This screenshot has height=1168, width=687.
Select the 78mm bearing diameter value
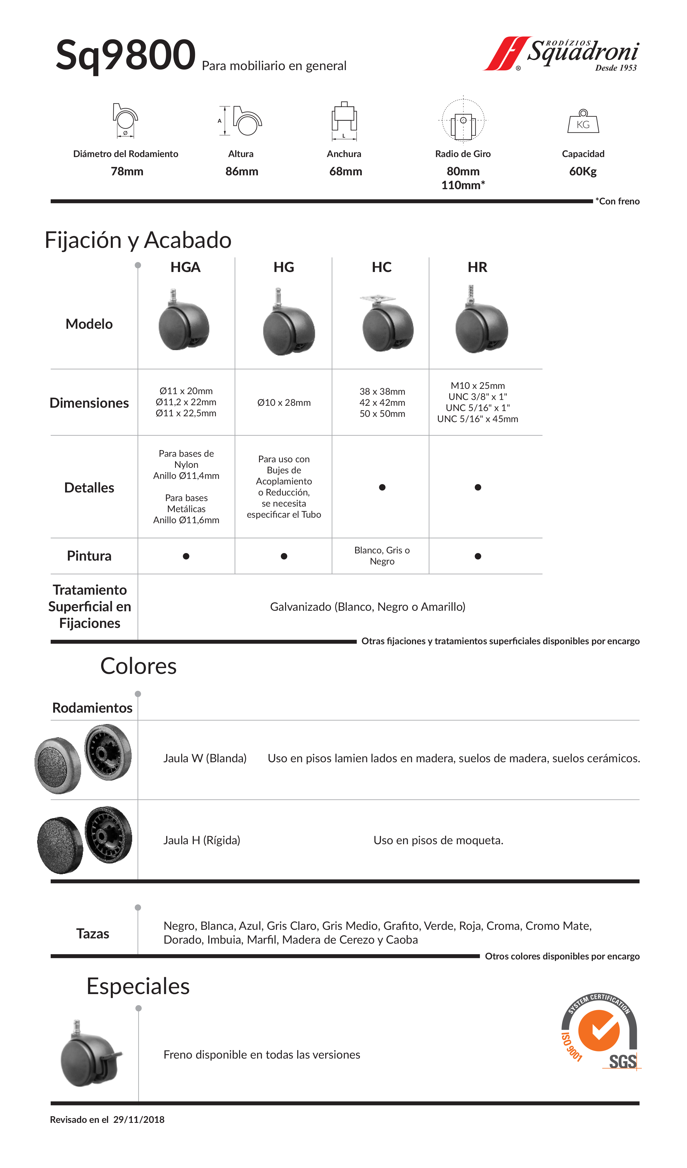[x=127, y=171]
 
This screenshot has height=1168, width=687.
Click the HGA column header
[x=185, y=268]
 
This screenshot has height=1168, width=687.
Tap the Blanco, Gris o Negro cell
[x=382, y=556]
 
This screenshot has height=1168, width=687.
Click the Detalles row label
[x=89, y=487]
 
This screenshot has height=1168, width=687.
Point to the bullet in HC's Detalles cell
[x=382, y=487]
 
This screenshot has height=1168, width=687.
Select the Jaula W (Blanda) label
[x=205, y=758]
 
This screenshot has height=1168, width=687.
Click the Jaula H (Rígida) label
[x=202, y=840]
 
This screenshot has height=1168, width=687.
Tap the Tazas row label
[x=93, y=933]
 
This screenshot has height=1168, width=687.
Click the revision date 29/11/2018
[x=139, y=1120]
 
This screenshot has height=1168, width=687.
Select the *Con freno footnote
[x=617, y=201]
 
